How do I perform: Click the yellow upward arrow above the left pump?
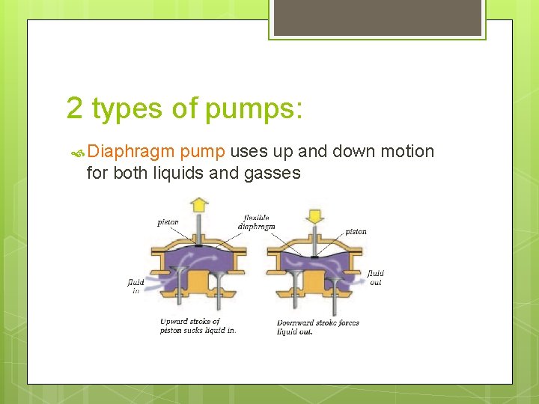tap(198, 203)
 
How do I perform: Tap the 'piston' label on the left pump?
tap(168, 222)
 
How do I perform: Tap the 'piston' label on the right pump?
tap(356, 232)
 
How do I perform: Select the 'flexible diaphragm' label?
tap(256, 222)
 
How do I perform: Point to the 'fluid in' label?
tap(135, 287)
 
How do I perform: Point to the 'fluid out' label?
tap(375, 278)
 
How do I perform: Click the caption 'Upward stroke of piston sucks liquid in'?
tap(198, 325)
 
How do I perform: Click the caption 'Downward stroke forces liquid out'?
tap(317, 327)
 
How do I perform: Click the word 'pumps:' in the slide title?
tap(254, 108)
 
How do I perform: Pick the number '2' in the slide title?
tap(74, 108)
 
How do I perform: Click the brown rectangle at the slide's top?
tap(377, 17)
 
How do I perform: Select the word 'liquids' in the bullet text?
tap(180, 174)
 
